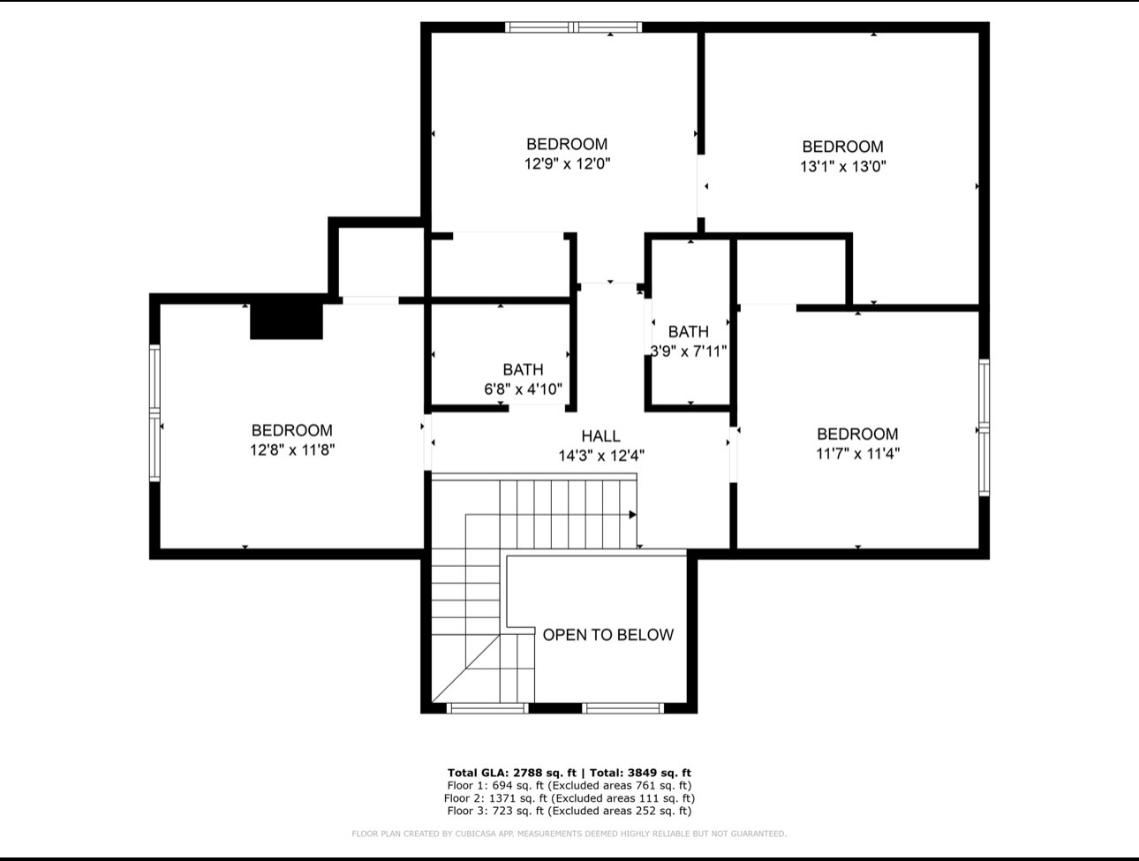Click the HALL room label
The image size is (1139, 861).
pyautogui.click(x=600, y=436)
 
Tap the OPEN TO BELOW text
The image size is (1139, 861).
pyautogui.click(x=607, y=635)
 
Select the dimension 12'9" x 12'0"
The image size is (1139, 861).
pyautogui.click(x=567, y=164)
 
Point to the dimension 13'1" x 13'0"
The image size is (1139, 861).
pyautogui.click(x=842, y=167)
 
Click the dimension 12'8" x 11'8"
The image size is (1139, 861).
pyautogui.click(x=292, y=450)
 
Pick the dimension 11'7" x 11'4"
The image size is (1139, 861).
pyautogui.click(x=857, y=454)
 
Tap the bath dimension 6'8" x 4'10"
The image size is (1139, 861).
pyautogui.click(x=523, y=389)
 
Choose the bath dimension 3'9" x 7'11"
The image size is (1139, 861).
pyautogui.click(x=689, y=351)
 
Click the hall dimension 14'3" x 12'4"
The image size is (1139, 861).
pyautogui.click(x=601, y=456)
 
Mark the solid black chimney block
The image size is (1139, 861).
pyautogui.click(x=286, y=321)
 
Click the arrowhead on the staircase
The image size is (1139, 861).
pyautogui.click(x=632, y=515)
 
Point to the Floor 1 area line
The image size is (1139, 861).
pyautogui.click(x=569, y=786)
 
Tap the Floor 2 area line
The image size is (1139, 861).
pyautogui.click(x=569, y=798)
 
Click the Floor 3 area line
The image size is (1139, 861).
pyautogui.click(x=569, y=811)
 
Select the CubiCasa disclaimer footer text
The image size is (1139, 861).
pyautogui.click(x=569, y=834)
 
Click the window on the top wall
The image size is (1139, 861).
pyautogui.click(x=573, y=27)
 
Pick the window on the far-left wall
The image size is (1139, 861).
pyautogui.click(x=155, y=413)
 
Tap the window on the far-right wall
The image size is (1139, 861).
pyautogui.click(x=984, y=427)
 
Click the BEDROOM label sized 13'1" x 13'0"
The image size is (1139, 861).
pyautogui.click(x=842, y=147)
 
